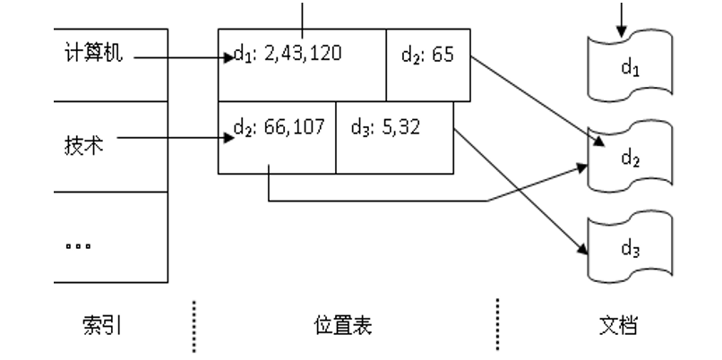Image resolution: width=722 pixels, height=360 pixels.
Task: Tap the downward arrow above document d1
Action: pos(619,18)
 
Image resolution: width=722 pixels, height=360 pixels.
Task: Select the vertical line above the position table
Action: pos(301,13)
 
